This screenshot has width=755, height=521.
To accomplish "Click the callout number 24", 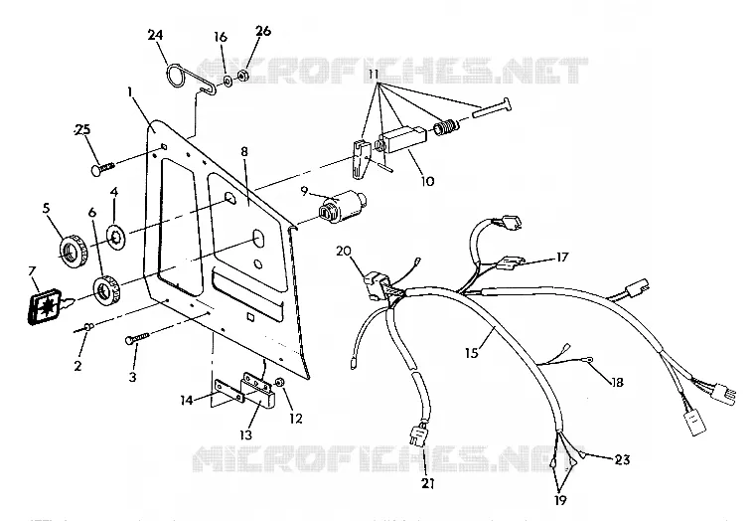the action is click(155, 35).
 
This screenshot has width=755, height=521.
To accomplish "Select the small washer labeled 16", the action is click(227, 80).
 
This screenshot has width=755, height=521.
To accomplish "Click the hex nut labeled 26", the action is click(243, 76).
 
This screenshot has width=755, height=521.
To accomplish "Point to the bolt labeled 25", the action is click(102, 168).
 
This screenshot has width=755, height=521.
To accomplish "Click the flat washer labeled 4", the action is click(117, 237).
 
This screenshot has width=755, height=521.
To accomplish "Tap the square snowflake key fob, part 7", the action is click(46, 306).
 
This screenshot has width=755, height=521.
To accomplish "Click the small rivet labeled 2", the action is click(86, 327).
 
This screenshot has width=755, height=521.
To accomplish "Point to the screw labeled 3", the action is click(137, 338).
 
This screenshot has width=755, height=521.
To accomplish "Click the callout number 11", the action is click(375, 75).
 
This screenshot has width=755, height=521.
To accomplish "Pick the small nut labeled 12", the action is click(279, 382).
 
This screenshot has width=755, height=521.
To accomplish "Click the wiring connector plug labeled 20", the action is click(374, 285).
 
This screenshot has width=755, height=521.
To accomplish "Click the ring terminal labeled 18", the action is click(587, 359).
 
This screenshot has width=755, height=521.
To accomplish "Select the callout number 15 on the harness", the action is click(472, 353).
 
